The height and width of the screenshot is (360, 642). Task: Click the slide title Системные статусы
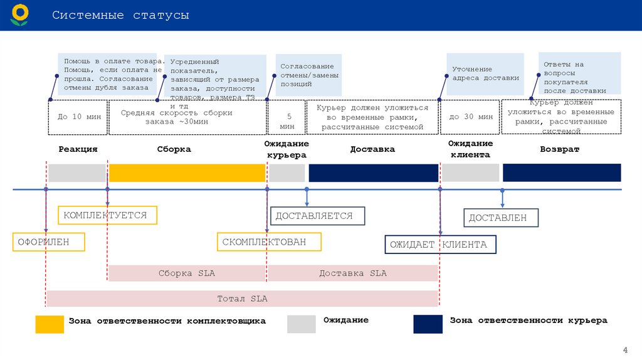coord(120,14)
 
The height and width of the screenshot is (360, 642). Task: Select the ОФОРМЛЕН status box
coord(49,241)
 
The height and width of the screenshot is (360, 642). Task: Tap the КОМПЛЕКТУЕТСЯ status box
coord(107,215)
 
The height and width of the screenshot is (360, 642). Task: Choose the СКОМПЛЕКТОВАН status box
coord(270,241)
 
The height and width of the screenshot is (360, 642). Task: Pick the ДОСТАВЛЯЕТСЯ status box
coord(318,216)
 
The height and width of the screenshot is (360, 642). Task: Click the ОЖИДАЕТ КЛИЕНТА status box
coord(440,244)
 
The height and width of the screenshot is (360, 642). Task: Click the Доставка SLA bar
coord(353,273)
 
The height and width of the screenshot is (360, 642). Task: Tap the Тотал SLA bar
coord(242,299)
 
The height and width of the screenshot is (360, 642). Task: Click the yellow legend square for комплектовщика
coord(50,324)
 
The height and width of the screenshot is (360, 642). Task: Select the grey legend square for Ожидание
coord(301,324)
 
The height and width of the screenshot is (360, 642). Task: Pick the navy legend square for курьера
coord(428,324)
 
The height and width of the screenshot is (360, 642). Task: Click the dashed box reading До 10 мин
coord(78,117)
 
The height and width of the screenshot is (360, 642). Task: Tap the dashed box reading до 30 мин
coord(470,117)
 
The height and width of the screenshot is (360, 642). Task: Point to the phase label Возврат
coord(559,149)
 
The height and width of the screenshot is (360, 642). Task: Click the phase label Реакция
coord(78,149)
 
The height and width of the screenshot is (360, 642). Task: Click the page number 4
coord(624,349)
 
